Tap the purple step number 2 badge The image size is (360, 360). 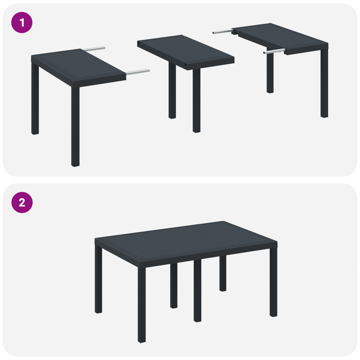pyautogui.click(x=22, y=202)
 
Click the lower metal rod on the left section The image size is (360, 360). pyautogui.click(x=138, y=71)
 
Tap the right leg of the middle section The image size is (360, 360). pyautogui.click(x=196, y=100)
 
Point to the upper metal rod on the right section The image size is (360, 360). pyautogui.click(x=222, y=32)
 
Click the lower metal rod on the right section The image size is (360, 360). pyautogui.click(x=274, y=51)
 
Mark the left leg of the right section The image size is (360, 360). pyautogui.click(x=270, y=72)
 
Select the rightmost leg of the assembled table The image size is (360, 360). pyautogui.click(x=273, y=285)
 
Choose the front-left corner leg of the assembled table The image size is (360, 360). pyautogui.click(x=141, y=303)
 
